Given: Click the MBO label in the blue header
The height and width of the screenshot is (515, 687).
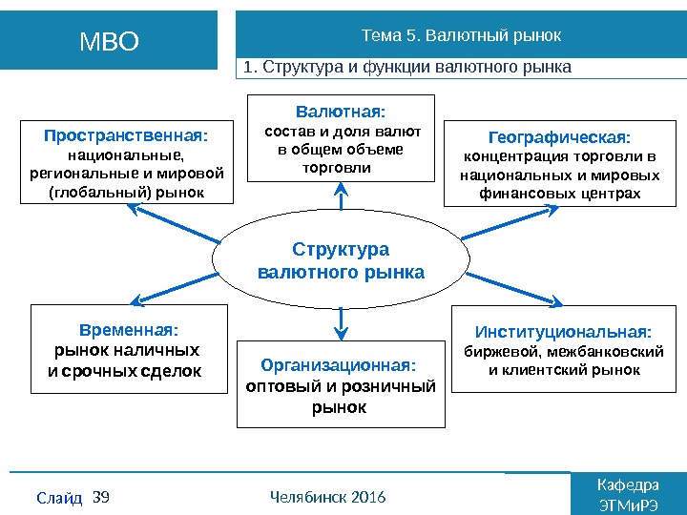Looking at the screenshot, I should point(109,41).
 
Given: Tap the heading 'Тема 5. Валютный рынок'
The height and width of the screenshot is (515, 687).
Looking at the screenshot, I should point(461,35).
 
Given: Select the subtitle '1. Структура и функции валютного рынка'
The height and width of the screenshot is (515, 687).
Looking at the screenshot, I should point(407,68).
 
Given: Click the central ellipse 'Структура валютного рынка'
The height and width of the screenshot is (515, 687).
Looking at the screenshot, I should point(341,260).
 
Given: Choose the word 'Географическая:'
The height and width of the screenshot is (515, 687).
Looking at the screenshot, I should point(552,136).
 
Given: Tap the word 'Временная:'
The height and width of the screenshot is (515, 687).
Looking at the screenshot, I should point(129,330).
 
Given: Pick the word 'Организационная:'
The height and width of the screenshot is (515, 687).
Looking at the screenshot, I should point(339,365).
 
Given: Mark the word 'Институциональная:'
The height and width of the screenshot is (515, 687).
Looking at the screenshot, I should point(564,332).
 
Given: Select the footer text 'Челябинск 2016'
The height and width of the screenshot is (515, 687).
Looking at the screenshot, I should point(327,497).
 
